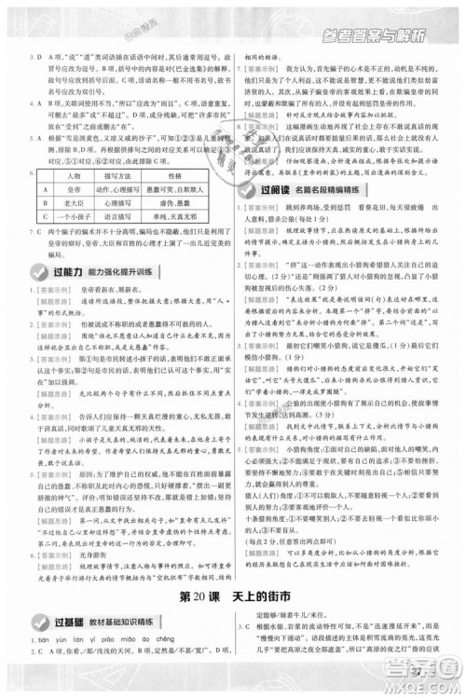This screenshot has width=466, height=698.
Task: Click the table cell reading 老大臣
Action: [x=75, y=172]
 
